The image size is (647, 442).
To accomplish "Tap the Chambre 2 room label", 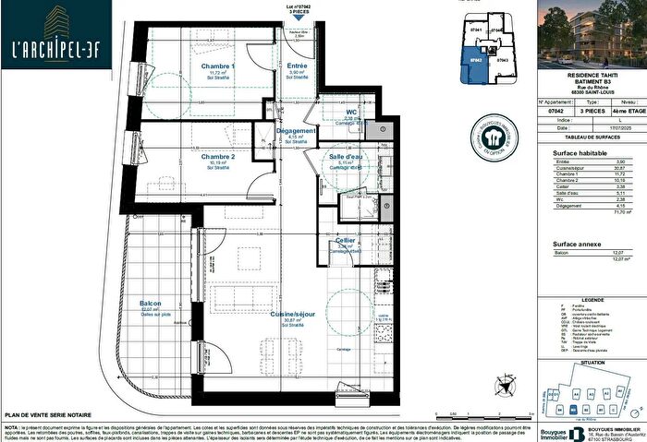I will coord(218,157).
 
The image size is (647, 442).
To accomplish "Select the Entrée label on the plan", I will coord(297,66).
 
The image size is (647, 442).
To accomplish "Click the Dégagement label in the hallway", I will coord(297,131).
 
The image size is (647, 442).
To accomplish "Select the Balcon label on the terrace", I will coord(152,304).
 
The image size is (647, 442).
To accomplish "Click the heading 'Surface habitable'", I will coord(580,153).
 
